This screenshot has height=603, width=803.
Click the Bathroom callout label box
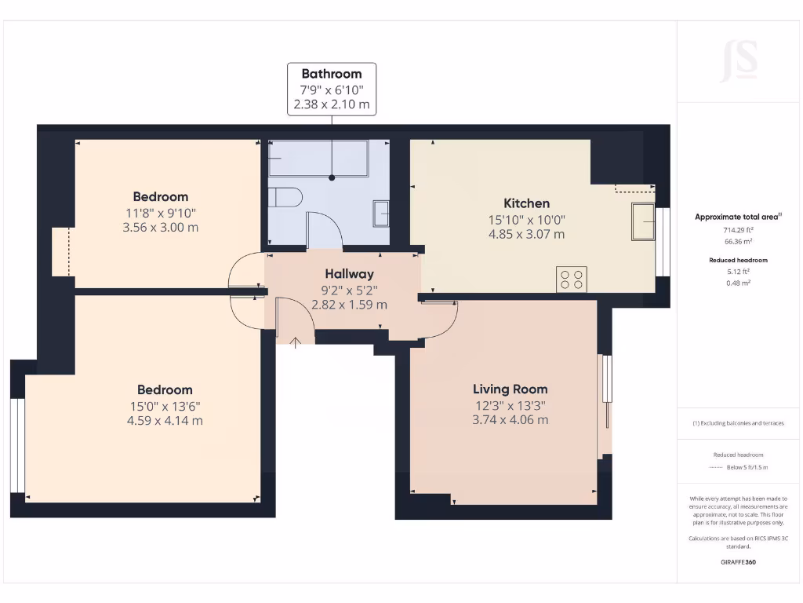point(331,90)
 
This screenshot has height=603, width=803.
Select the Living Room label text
point(510,389)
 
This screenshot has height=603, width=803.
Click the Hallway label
point(349,274)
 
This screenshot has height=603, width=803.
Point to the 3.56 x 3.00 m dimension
point(160,227)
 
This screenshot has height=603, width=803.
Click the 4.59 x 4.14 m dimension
point(165,420)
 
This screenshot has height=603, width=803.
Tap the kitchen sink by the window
point(644,221)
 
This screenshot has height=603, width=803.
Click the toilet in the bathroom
point(283,197)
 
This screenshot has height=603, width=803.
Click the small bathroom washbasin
point(380,213)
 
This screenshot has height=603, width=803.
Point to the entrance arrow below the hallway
point(296,342)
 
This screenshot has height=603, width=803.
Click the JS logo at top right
point(739,61)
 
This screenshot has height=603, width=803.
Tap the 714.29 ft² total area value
point(738,230)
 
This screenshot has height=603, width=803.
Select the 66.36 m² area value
point(738,243)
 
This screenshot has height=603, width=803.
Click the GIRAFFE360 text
point(738,562)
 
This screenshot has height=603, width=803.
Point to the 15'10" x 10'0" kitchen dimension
point(526,220)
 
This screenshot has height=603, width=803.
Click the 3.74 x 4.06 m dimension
point(510,420)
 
